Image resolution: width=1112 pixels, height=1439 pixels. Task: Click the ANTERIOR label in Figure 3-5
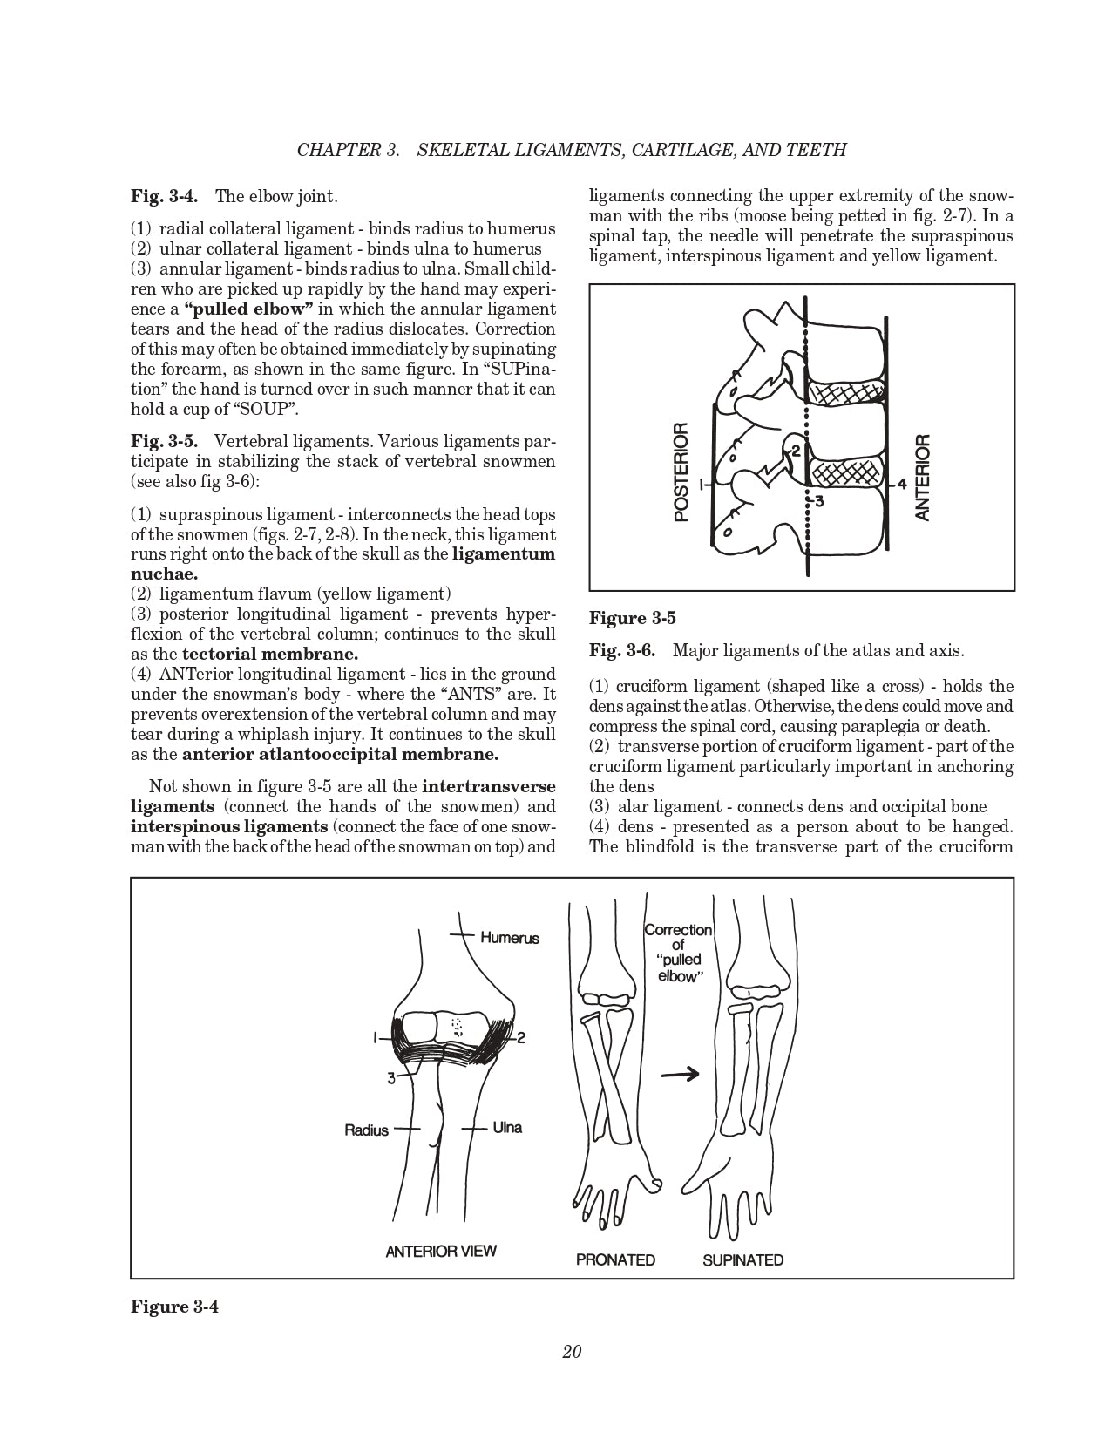(923, 477)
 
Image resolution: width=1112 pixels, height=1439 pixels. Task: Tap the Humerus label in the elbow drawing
(510, 939)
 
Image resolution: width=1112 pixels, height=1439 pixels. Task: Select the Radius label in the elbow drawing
(366, 1130)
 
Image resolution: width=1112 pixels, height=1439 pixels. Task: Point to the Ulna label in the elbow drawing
(507, 1128)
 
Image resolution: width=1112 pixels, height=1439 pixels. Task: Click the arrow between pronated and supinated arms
(680, 1075)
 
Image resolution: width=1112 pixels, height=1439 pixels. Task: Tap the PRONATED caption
(615, 1259)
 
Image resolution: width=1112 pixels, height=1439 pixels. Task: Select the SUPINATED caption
(742, 1259)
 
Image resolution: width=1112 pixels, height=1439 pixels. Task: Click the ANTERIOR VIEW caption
(441, 1252)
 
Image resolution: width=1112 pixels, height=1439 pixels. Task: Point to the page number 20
(572, 1352)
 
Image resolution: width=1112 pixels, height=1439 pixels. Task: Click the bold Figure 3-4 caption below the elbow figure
(174, 1307)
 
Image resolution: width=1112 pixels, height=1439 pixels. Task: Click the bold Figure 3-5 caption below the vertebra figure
(633, 619)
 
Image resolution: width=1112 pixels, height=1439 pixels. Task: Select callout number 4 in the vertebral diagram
(902, 483)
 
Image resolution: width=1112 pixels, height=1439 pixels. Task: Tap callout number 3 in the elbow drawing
(391, 1078)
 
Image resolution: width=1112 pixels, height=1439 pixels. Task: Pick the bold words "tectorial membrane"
(270, 655)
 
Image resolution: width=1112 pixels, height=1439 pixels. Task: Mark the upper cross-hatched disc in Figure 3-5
(844, 393)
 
